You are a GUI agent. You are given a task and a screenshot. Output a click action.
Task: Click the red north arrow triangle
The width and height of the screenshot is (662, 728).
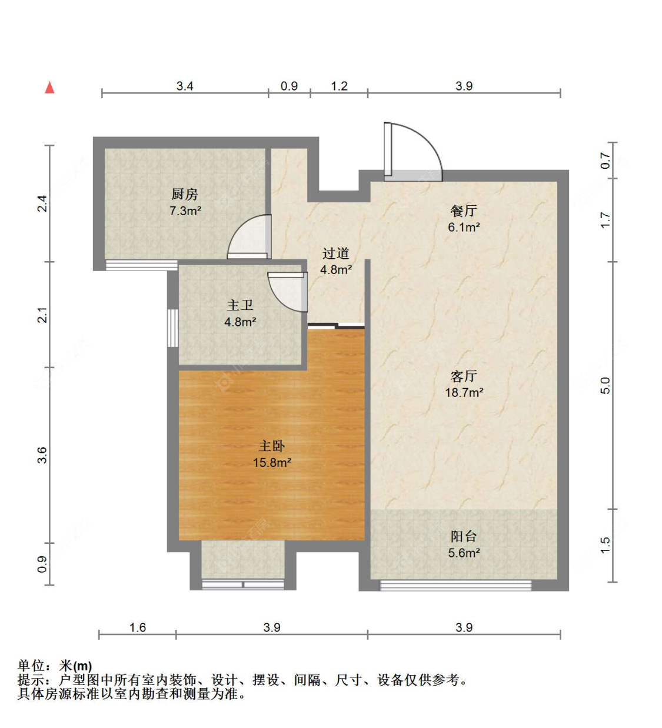[x=49, y=88]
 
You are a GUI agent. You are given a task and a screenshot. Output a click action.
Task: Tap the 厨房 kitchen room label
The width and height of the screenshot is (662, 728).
[x=185, y=195]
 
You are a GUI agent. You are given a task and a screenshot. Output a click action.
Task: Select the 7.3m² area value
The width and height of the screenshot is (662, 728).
[x=185, y=211]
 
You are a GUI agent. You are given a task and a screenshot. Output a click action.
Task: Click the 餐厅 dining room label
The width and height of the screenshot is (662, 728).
[x=464, y=211]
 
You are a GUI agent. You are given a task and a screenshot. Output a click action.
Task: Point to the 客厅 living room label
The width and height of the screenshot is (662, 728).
[x=464, y=376]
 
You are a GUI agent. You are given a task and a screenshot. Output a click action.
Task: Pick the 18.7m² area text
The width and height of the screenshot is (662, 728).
[x=464, y=392]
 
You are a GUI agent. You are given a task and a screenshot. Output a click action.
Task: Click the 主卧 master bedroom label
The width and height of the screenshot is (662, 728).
[x=272, y=446]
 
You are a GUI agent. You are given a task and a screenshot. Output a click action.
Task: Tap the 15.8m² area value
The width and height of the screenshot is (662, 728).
[x=272, y=462]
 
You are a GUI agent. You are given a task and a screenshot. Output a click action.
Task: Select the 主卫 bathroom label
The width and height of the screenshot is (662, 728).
[x=240, y=305]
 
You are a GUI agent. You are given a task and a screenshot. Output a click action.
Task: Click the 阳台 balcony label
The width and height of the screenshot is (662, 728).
[x=464, y=536]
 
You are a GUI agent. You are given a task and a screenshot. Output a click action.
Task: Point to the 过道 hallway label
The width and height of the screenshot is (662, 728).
[x=336, y=253]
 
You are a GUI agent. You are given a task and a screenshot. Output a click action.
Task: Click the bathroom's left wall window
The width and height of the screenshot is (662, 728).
[x=173, y=328]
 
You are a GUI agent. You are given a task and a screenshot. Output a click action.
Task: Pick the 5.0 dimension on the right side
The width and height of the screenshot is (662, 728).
[x=605, y=385]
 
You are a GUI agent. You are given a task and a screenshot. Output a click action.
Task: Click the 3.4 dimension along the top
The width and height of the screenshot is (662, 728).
[x=185, y=86]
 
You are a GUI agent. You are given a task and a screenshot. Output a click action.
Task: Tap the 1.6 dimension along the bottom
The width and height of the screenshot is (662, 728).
[x=138, y=627]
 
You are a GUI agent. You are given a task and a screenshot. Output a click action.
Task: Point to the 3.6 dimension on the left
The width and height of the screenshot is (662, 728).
[x=42, y=455]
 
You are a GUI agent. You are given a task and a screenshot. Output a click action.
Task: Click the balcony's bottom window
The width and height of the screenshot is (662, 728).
[x=455, y=585]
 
